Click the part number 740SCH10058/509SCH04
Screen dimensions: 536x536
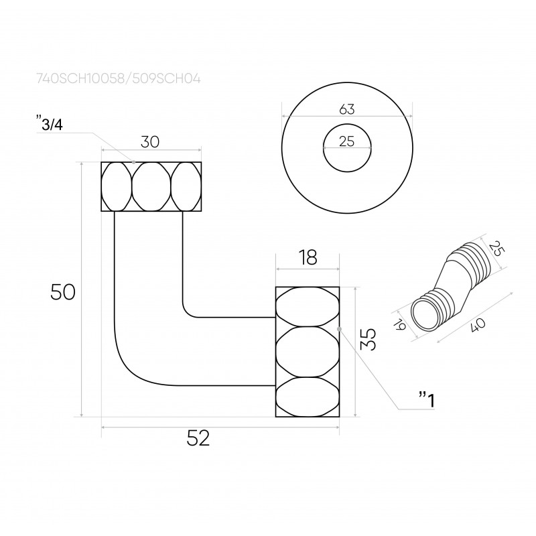[118, 78]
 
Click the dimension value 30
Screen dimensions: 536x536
[150, 141]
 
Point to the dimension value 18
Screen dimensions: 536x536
[307, 257]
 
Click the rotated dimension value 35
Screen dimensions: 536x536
[368, 339]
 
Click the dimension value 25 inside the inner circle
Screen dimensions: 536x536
[346, 141]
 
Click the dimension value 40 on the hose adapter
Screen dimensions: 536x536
[478, 328]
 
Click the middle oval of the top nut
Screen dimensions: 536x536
[151, 186]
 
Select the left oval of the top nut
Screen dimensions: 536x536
[116, 186]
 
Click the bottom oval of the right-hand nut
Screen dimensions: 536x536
[307, 397]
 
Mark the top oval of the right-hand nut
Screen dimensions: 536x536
[307, 306]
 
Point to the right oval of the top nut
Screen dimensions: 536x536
[186, 186]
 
